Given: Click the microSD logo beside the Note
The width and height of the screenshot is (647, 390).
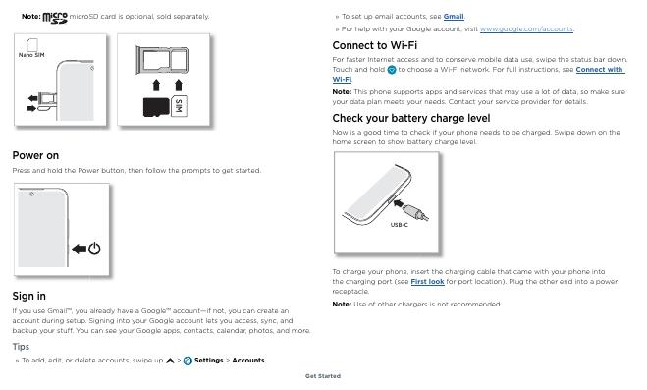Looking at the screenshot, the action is [x=55, y=18].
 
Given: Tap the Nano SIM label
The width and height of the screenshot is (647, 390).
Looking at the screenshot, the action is [x=31, y=55].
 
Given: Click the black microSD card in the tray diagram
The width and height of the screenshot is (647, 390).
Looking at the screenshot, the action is [x=156, y=107].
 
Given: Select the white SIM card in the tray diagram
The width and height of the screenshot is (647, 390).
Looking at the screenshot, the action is [x=179, y=106].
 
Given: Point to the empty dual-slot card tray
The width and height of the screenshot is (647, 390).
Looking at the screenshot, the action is [x=161, y=60].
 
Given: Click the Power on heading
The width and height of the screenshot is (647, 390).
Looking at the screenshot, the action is [x=35, y=155].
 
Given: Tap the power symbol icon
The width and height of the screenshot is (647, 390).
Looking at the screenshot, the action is [x=94, y=248].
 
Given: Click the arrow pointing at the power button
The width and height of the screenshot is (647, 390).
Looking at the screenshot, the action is [x=79, y=249].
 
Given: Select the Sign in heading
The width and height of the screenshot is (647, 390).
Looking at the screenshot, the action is [x=28, y=296].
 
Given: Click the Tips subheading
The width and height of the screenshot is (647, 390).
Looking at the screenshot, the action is [x=21, y=347].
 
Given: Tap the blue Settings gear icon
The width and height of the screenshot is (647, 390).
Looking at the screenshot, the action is [x=188, y=361].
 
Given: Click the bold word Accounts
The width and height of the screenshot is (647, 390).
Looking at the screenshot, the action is [x=248, y=361].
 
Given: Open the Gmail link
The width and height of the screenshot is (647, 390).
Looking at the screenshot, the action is [x=454, y=17].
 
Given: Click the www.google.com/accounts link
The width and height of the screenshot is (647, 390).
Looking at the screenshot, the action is [x=526, y=29].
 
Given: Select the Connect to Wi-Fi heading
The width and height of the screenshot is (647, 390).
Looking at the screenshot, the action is [x=375, y=45].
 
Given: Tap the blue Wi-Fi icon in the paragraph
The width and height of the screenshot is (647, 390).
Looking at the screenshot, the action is [x=392, y=70].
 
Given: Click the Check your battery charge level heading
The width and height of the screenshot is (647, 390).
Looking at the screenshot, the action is [x=411, y=119].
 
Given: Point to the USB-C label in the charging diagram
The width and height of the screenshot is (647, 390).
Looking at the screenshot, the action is [x=399, y=225].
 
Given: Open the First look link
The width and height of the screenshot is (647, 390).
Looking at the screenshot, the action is [x=427, y=282].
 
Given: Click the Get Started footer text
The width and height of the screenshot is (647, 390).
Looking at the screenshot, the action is [x=323, y=376].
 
